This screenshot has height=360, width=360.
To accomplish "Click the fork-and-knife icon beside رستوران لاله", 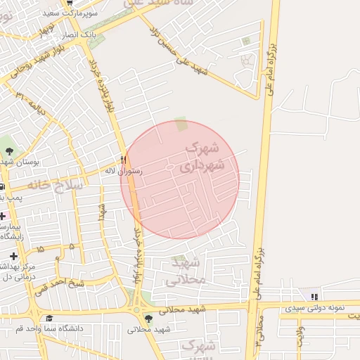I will (x=124, y=159).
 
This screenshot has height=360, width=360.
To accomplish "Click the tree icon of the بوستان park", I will (x=9, y=150).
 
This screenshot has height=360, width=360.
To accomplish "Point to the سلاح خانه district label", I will (x=56, y=185).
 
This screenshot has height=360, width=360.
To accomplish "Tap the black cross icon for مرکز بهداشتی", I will (x=13, y=255).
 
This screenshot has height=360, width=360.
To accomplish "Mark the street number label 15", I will (x=39, y=250).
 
